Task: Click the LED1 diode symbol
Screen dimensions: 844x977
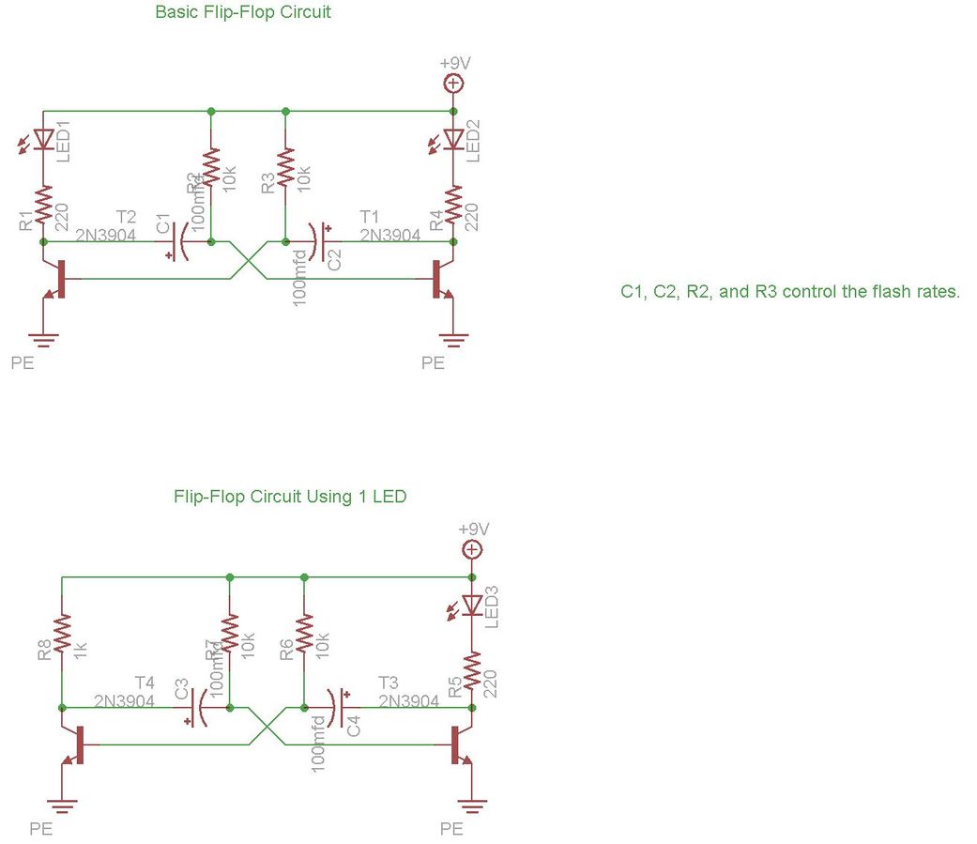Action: click(x=43, y=139)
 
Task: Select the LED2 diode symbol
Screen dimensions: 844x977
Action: click(x=454, y=139)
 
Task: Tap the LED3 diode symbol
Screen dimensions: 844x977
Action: click(x=472, y=605)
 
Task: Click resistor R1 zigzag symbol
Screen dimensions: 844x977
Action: click(x=43, y=205)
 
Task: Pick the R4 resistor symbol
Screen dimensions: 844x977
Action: click(x=454, y=205)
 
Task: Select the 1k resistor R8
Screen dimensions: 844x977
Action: click(x=62, y=633)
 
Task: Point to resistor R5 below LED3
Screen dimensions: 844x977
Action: click(x=472, y=670)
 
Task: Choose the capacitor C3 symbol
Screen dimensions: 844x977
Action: click(x=199, y=707)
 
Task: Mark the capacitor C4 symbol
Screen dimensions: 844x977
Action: click(x=338, y=707)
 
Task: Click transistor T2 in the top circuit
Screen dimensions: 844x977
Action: click(x=57, y=279)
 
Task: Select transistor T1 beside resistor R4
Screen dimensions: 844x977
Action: click(x=440, y=279)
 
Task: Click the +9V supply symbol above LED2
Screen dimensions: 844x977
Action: click(x=454, y=83)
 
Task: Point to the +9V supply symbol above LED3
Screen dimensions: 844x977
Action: click(x=472, y=549)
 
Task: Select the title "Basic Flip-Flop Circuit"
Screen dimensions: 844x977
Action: click(x=243, y=13)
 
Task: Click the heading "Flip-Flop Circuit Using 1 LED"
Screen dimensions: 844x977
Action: click(x=290, y=497)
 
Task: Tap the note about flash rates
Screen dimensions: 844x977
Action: click(x=790, y=292)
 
